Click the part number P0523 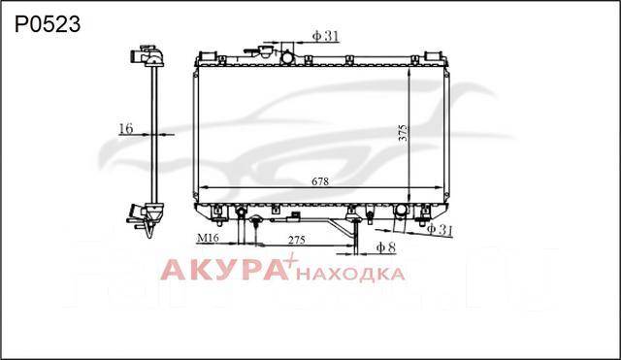[48, 24]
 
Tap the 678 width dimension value [320, 181]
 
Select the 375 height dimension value [403, 133]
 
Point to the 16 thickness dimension [126, 129]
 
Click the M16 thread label [208, 238]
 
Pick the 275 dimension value [297, 240]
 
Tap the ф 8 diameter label [386, 247]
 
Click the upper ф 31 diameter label [326, 36]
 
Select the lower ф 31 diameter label [440, 230]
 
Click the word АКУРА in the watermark [224, 270]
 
